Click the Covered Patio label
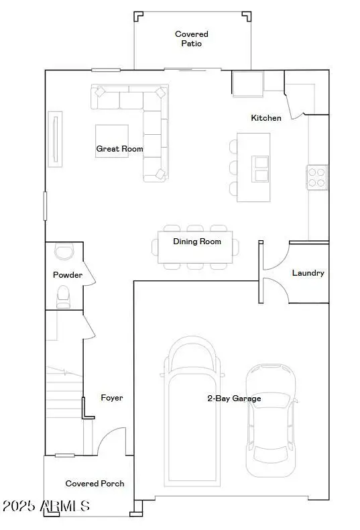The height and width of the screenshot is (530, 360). point(192,38)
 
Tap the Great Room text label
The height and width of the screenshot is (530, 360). point(119,149)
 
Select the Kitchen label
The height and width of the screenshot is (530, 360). point(266,118)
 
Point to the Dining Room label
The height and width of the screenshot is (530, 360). point(197,242)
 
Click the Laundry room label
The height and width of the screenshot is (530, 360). point(308,273)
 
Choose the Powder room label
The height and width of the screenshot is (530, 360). point(68,275)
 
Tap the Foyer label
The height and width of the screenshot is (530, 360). point(112,398)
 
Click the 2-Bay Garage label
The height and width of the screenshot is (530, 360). point(234,399)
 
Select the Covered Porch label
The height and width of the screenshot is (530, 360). point(95,483)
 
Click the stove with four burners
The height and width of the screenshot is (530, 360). point(317,176)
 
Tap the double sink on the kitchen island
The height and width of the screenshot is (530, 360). point(260,169)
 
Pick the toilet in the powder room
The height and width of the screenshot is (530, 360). point(64,296)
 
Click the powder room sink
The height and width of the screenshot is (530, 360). point(64,252)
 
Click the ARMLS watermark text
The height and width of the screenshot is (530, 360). point(46,506)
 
